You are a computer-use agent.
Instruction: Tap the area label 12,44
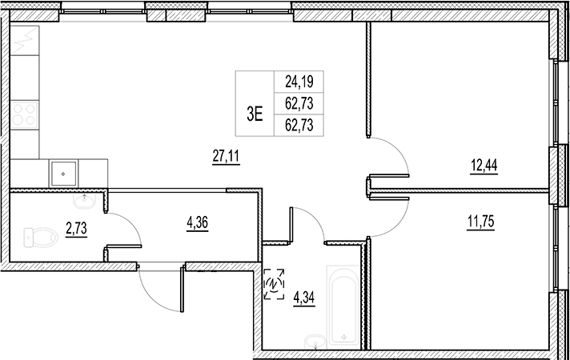pos(484,166)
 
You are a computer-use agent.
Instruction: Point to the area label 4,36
pos(199,223)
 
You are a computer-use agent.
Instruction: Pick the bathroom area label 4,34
pos(303,302)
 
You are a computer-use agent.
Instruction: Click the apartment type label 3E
pos(255,113)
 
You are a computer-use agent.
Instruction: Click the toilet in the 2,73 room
pos(39,236)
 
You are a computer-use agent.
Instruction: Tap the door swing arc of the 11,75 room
pos(395,218)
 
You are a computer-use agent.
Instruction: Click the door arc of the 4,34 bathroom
pos(311,220)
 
